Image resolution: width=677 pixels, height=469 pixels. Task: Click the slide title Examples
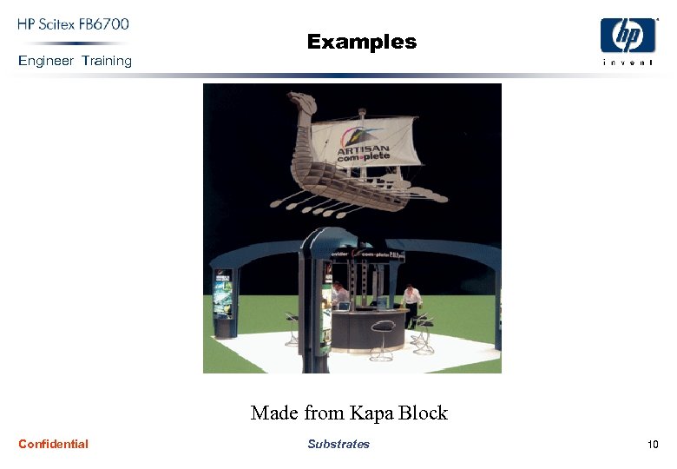361,42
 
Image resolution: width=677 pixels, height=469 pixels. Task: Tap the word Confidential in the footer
53,444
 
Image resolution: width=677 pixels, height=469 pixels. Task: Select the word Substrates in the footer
338,444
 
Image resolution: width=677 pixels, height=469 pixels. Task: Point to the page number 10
653,445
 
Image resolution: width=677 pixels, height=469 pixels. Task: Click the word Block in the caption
424,413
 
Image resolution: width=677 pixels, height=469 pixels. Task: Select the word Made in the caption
273,413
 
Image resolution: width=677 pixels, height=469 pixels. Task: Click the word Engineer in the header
47,61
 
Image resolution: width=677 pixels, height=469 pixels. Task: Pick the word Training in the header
107,61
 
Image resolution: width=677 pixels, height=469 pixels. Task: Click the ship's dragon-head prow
300,102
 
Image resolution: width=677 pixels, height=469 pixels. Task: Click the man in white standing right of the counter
411,304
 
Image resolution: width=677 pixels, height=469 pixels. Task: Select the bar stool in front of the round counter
382,339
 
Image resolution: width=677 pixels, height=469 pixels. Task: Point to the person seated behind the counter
339,295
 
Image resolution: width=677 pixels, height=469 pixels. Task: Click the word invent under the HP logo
628,62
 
